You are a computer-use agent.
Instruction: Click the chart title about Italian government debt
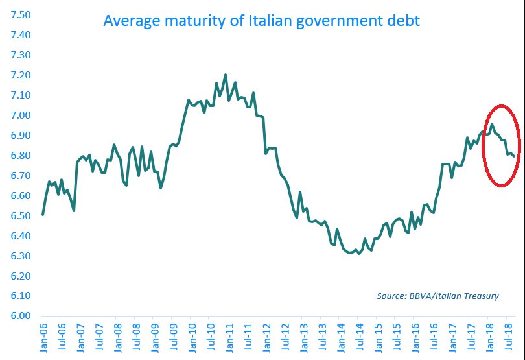tap(262, 21)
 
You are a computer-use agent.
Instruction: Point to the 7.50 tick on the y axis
tap(20, 15)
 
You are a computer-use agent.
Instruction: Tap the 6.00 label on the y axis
tap(20, 316)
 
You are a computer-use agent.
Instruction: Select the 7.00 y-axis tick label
tap(20, 115)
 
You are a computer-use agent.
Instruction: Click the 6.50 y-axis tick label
tap(20, 215)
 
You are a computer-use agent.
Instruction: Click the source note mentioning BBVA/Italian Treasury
tap(437, 296)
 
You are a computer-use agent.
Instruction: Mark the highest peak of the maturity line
tap(226, 75)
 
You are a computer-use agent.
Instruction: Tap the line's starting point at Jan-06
tap(43, 215)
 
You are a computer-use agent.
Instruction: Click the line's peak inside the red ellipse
tap(492, 124)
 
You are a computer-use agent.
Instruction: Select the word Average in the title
tap(128, 21)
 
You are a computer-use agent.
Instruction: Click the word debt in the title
tap(403, 21)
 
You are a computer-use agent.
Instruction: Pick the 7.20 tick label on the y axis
tap(20, 75)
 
